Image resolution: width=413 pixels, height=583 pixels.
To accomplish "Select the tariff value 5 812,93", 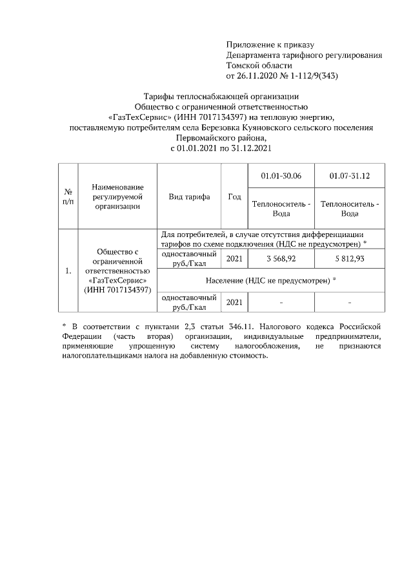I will [x=349, y=258].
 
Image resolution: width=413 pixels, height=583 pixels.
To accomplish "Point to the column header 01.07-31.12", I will [x=349, y=176].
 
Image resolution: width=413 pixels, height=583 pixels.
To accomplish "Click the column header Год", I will [x=234, y=197].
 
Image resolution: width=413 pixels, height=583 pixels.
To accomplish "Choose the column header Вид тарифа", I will [x=189, y=197].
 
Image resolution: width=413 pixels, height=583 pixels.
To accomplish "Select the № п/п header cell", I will [x=68, y=197].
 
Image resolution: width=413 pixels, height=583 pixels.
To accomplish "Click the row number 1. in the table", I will [x=68, y=271].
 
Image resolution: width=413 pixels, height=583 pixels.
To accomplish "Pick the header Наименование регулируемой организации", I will [x=117, y=196].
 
